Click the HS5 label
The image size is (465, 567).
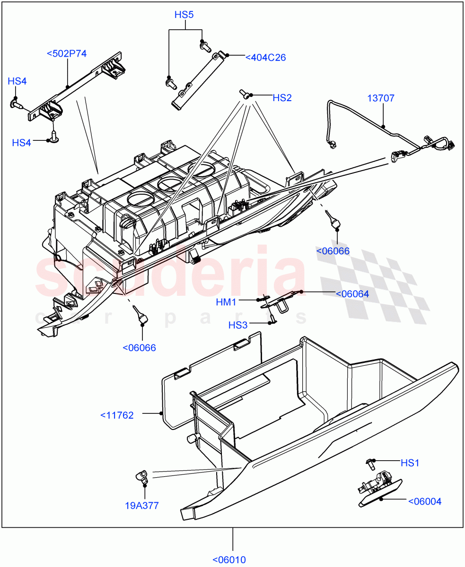(184, 15)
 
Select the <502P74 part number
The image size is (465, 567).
(67, 53)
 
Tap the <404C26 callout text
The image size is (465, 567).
(265, 58)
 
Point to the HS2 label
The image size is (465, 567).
(282, 98)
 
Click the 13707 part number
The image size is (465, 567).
(381, 98)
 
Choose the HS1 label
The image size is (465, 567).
(410, 463)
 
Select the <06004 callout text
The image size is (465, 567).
(424, 501)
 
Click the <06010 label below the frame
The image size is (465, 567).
(229, 560)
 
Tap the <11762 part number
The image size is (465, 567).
(117, 415)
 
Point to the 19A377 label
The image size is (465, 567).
(142, 506)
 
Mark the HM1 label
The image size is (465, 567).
(226, 302)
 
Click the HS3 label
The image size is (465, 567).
(238, 325)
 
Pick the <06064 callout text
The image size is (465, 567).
(352, 294)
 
